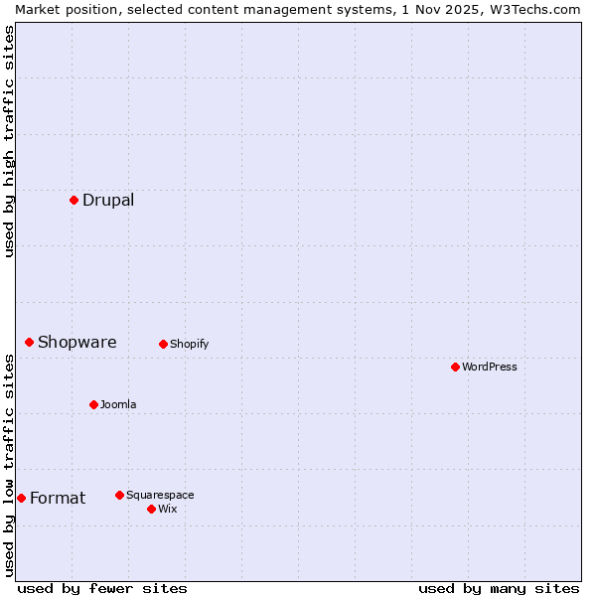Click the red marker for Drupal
(x=74, y=200)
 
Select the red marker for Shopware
(x=29, y=342)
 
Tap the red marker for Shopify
(x=163, y=344)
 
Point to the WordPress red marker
(x=455, y=367)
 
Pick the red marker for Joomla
(x=93, y=404)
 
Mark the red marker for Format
(x=21, y=498)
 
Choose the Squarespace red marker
(x=119, y=495)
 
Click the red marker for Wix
(x=151, y=509)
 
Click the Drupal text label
(x=108, y=200)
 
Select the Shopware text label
(x=76, y=342)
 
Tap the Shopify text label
(x=189, y=344)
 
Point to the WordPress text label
(x=489, y=367)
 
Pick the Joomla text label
(x=118, y=404)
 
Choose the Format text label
(x=58, y=498)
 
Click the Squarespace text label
(x=160, y=495)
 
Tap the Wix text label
(x=167, y=509)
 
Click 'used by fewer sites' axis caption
(x=102, y=588)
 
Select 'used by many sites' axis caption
(x=499, y=588)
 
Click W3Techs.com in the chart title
(x=534, y=9)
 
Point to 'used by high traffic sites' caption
(x=9, y=141)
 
